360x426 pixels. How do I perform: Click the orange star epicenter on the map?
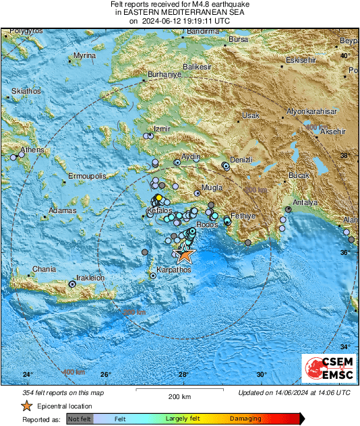coord(183,255)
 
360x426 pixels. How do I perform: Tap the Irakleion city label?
coord(88,277)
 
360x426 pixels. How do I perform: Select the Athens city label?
coord(32,150)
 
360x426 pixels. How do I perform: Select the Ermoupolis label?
coord(88,176)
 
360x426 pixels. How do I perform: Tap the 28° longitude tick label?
coord(184,374)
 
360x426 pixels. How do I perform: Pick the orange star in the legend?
coord(26,406)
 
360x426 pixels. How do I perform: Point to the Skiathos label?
coord(26,90)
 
